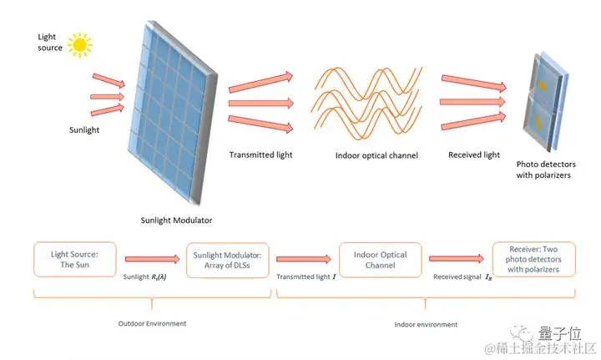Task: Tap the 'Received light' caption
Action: coord(473,155)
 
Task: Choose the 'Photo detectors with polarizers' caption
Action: coord(546,170)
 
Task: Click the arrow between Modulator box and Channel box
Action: coord(304,259)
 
